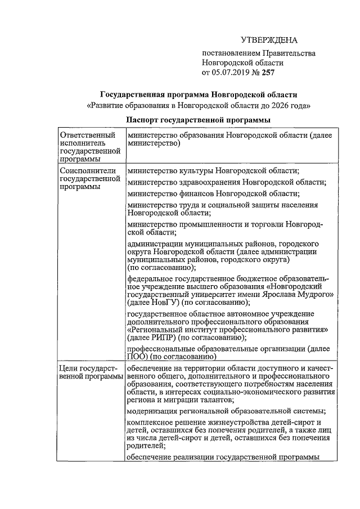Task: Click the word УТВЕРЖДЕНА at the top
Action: click(x=268, y=40)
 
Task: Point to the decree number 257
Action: click(x=267, y=72)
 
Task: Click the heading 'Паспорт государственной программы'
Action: click(x=198, y=120)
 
